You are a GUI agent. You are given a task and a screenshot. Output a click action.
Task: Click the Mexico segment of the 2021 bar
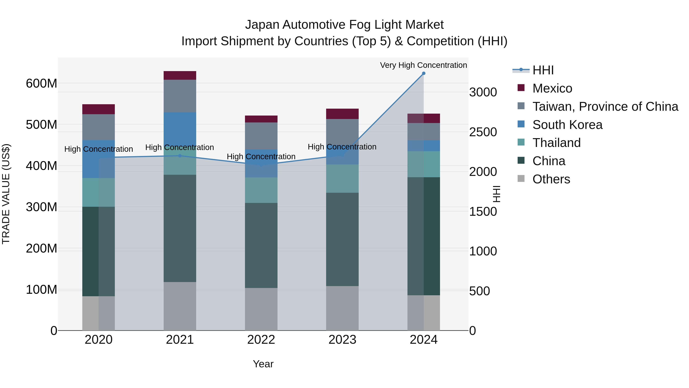click(180, 75)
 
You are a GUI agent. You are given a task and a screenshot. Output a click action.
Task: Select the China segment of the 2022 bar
click(261, 245)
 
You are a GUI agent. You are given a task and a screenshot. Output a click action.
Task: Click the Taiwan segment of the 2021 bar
click(180, 96)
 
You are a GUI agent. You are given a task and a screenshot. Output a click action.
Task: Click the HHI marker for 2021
click(180, 156)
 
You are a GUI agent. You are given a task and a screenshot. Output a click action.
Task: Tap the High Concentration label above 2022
click(261, 156)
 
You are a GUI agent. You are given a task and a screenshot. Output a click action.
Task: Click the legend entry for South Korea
click(567, 125)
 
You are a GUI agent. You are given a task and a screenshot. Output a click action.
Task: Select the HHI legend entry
click(543, 70)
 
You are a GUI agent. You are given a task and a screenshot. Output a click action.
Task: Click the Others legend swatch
click(521, 178)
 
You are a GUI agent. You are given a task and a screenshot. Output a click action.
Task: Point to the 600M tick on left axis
click(42, 84)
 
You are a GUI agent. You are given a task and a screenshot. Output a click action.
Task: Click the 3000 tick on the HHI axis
click(483, 92)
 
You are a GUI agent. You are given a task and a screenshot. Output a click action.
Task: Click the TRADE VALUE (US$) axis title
click(6, 194)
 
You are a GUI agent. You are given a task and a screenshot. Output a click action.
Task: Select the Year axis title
click(263, 364)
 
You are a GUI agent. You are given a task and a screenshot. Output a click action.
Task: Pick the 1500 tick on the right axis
click(483, 212)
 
